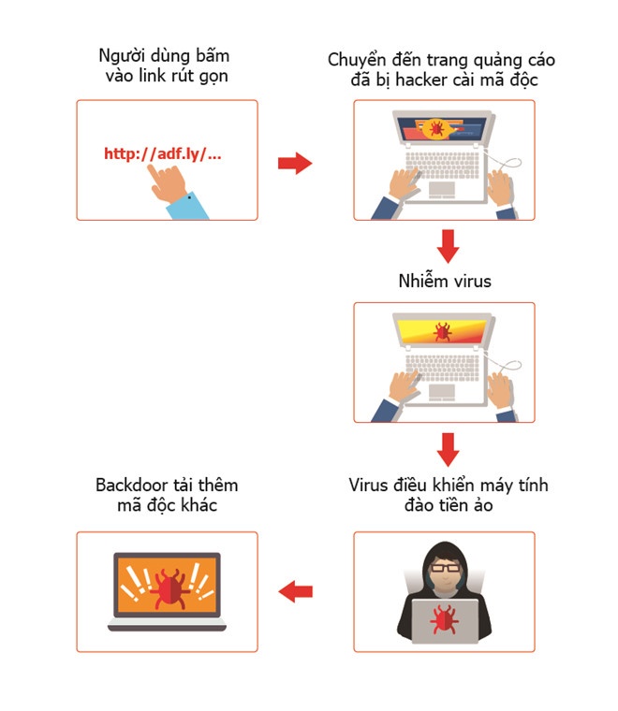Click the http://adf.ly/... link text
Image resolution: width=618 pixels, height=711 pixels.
tap(162, 153)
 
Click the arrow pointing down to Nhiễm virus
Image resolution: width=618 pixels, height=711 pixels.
tap(449, 246)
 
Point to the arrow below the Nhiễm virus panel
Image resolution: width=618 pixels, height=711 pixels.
tap(449, 449)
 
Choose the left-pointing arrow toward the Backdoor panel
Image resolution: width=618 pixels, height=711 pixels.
tap(295, 590)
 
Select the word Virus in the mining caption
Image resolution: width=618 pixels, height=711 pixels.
tap(369, 485)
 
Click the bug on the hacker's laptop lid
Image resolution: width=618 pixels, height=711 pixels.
tap(443, 617)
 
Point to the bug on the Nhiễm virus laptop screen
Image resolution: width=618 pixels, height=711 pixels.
tap(442, 331)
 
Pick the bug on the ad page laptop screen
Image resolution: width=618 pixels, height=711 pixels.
tap(435, 127)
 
